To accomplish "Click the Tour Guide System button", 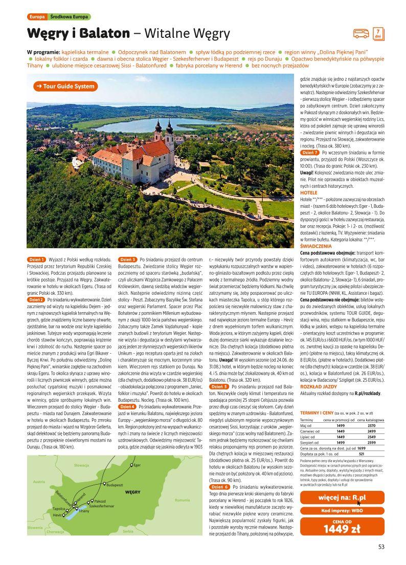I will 63,86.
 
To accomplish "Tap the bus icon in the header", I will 361,34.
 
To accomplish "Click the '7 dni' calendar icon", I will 377,33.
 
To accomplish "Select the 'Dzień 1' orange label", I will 36,260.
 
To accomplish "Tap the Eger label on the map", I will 137,465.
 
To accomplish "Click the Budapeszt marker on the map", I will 104,483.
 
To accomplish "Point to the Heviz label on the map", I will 57,515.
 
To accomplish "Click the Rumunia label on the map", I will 182,499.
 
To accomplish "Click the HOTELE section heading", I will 309,192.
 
